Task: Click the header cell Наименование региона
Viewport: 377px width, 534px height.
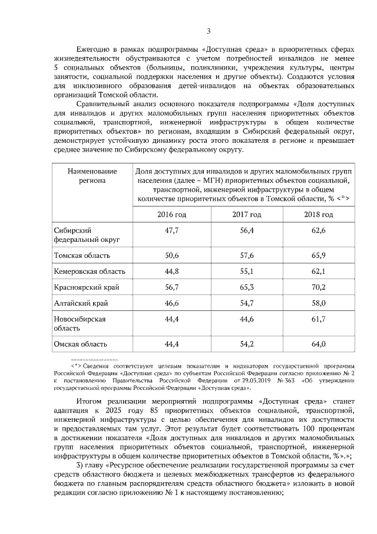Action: [88, 176]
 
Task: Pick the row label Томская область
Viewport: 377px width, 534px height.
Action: [80, 255]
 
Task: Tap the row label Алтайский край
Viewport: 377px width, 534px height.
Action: [80, 303]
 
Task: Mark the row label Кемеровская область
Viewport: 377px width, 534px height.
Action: [89, 271]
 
